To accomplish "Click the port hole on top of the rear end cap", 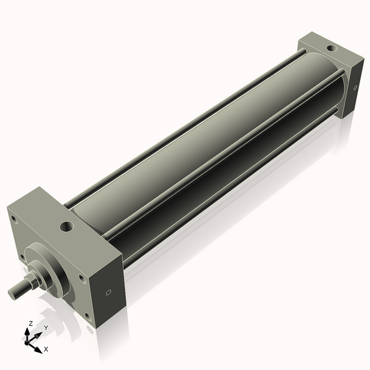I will pyautogui.click(x=331, y=47).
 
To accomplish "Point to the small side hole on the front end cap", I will pyautogui.click(x=109, y=292).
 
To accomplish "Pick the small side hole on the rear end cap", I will pyautogui.click(x=356, y=88).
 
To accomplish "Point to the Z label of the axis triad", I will pyautogui.click(x=30, y=323).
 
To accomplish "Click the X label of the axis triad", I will pyautogui.click(x=46, y=349).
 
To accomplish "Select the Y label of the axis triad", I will pyautogui.click(x=46, y=327).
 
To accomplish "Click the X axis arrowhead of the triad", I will pyautogui.click(x=39, y=347).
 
